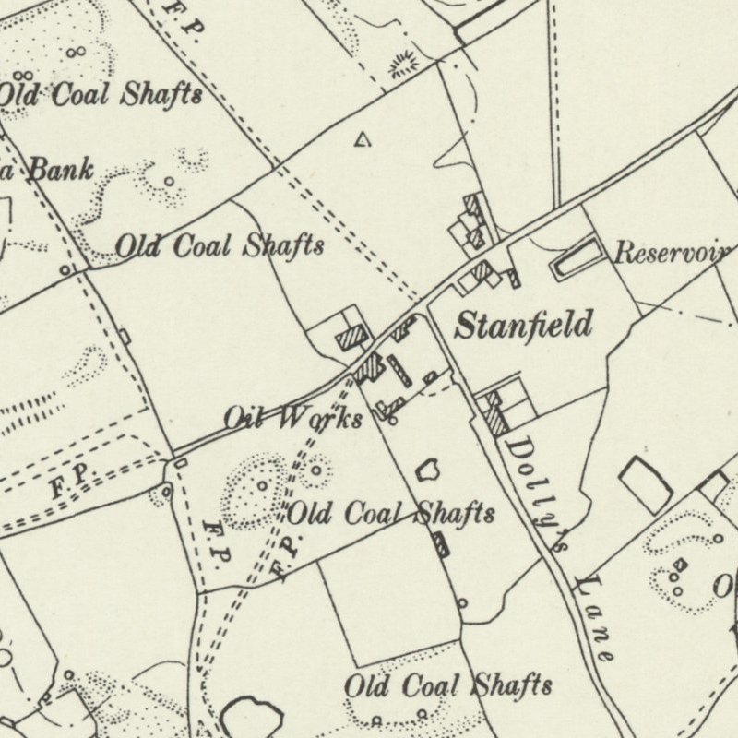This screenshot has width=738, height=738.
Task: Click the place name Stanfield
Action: pyautogui.click(x=523, y=325)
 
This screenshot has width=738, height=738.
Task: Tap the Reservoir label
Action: pyautogui.click(x=673, y=253)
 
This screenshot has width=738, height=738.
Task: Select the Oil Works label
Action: pyautogui.click(x=292, y=418)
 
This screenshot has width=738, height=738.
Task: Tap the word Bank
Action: pyautogui.click(x=61, y=169)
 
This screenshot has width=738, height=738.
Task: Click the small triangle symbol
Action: pyautogui.click(x=363, y=140)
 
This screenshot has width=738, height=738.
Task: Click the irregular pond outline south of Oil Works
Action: pyautogui.click(x=426, y=470)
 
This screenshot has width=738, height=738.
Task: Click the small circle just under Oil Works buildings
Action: pyautogui.click(x=393, y=421)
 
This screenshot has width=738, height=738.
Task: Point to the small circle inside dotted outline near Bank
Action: pyautogui.click(x=169, y=182)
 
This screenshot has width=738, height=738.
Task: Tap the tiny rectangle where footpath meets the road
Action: pyautogui.click(x=180, y=461)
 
